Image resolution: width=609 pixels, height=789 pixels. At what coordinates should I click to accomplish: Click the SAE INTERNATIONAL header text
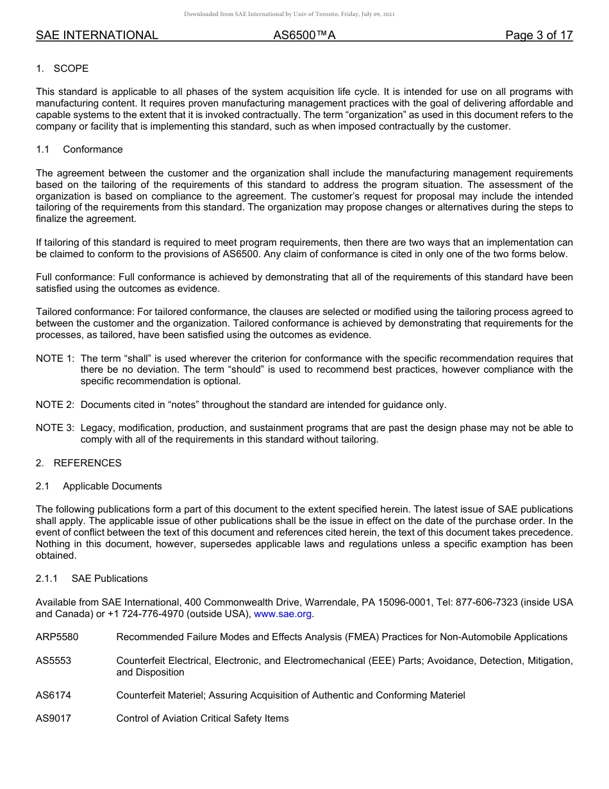pyautogui.click(x=97, y=35)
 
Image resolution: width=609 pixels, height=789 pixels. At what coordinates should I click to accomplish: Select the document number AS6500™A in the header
pyautogui.click(x=304, y=35)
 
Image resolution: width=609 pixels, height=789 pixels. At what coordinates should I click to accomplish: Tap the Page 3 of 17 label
pyautogui.click(x=538, y=35)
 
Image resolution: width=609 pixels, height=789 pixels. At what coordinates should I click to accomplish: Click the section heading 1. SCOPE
pyautogui.click(x=62, y=69)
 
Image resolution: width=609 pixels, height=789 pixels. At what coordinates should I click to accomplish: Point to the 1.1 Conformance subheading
pyautogui.click(x=79, y=149)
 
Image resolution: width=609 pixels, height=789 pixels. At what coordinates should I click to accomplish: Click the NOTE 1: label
pyautogui.click(x=54, y=359)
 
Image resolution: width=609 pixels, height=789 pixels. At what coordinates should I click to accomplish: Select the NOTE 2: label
pyautogui.click(x=54, y=405)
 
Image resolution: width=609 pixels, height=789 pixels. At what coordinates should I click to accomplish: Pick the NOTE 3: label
pyautogui.click(x=54, y=428)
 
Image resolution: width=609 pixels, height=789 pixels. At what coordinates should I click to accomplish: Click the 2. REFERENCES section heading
pyautogui.click(x=78, y=463)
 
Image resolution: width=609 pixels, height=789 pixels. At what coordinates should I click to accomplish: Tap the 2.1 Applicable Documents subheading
pyautogui.click(x=99, y=486)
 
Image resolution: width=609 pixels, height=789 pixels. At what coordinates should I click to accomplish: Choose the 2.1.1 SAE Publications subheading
pyautogui.click(x=92, y=579)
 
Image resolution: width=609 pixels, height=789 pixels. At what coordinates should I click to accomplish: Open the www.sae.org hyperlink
pyautogui.click(x=283, y=614)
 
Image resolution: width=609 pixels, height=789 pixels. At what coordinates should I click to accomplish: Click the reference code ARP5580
pyautogui.click(x=58, y=637)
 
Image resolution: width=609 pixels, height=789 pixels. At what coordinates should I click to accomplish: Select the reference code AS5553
pyautogui.click(x=53, y=661)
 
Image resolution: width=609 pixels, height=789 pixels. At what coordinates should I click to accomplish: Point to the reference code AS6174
pyautogui.click(x=53, y=695)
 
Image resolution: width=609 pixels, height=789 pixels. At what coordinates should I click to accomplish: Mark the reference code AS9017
pyautogui.click(x=53, y=718)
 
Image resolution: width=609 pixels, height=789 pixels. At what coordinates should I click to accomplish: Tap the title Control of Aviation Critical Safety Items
pyautogui.click(x=203, y=718)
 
